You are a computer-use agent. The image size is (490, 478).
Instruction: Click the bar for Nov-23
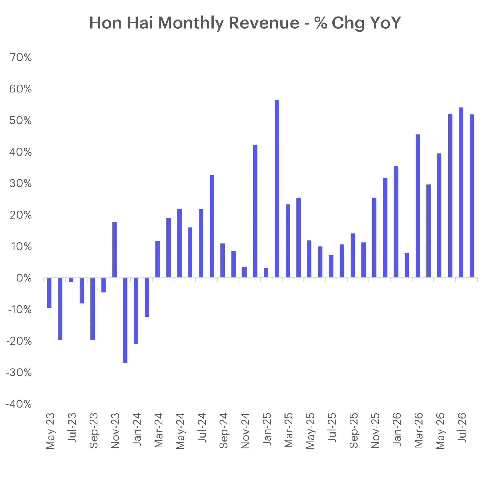114,250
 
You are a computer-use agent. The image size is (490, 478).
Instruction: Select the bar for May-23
49,293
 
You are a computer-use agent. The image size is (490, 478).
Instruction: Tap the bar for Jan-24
136,311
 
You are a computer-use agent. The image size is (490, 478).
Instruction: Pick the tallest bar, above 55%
277,189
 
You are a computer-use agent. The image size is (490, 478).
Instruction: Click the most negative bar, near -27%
125,320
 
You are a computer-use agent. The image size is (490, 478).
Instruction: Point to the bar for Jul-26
461,193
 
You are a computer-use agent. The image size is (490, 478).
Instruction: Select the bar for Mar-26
417,206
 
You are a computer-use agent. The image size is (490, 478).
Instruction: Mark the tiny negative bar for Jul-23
71,280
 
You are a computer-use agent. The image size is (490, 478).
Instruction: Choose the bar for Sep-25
353,256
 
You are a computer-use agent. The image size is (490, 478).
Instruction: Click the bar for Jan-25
266,273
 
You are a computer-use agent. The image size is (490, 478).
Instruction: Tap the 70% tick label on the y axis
21,57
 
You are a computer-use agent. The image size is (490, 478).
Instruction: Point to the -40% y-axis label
19,404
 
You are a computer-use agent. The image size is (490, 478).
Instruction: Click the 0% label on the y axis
24,278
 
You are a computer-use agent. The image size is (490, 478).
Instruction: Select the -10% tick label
20,309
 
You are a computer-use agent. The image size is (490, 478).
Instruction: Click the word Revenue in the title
264,23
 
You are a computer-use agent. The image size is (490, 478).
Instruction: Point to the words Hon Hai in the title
121,23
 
